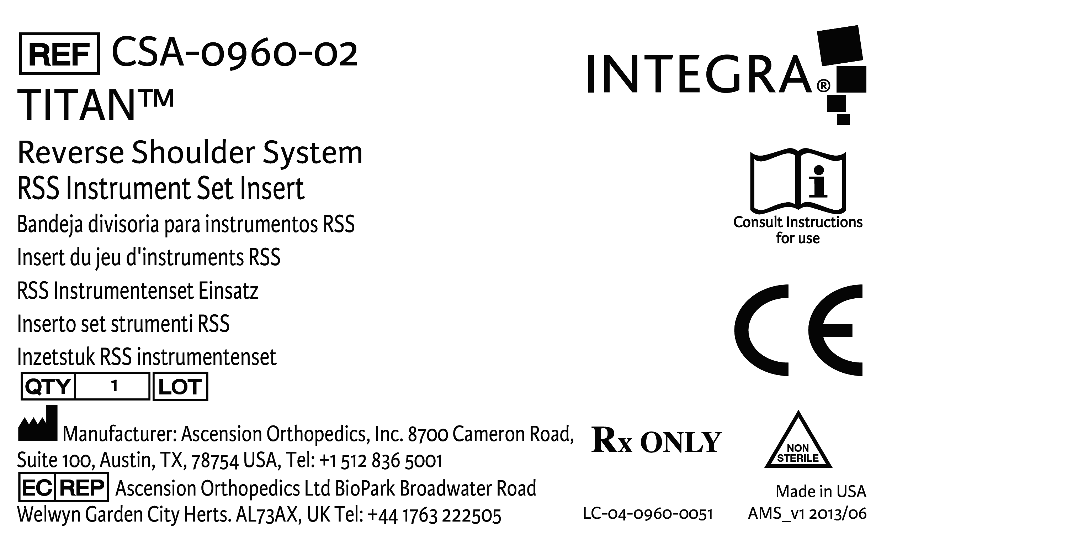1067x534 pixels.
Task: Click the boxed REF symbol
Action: point(59,54)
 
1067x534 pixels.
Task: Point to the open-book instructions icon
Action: point(798,181)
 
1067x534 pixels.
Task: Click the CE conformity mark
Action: point(798,330)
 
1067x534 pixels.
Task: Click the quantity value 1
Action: point(114,386)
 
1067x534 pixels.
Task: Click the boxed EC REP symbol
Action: point(63,488)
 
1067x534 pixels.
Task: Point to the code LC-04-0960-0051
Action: point(648,514)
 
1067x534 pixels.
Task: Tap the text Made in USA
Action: point(821,491)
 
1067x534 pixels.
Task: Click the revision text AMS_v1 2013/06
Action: point(807,514)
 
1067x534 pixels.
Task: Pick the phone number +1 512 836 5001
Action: point(381,461)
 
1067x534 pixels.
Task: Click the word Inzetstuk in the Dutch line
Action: point(56,357)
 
